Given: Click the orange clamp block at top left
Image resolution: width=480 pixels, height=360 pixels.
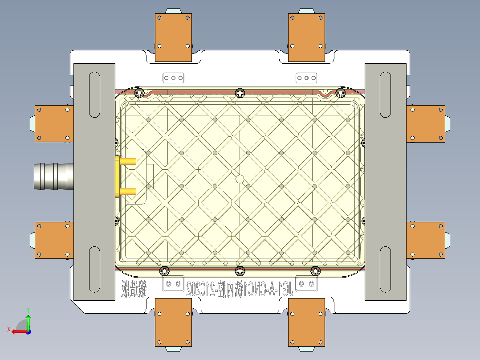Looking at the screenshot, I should point(173,37).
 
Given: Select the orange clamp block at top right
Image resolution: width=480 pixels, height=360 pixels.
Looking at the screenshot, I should point(306,37).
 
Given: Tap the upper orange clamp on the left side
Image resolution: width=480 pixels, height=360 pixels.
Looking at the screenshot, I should point(54,123).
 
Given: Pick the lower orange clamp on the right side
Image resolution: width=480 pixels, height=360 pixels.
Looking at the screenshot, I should point(426,240).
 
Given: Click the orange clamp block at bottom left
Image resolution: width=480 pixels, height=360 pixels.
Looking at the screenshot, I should point(173,322).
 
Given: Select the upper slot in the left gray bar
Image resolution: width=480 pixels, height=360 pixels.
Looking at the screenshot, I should point(94,95).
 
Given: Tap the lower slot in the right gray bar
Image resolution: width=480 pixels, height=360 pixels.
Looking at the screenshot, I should point(386,270).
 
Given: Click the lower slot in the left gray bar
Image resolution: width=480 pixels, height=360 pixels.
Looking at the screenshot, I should point(94,270).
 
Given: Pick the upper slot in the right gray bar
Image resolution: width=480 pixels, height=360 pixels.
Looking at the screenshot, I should point(386,95).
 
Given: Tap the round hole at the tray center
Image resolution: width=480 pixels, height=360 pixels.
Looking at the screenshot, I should point(240,179).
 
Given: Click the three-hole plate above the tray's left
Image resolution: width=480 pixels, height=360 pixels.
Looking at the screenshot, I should point(173,78).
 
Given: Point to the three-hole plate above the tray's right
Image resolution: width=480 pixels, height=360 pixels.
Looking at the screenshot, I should point(307,78).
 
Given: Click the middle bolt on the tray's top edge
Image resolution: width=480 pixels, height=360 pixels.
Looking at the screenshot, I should point(240,93).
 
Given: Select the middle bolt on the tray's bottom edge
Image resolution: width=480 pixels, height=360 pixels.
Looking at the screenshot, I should point(240,270).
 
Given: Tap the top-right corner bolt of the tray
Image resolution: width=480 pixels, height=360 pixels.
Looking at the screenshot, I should point(340,93).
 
